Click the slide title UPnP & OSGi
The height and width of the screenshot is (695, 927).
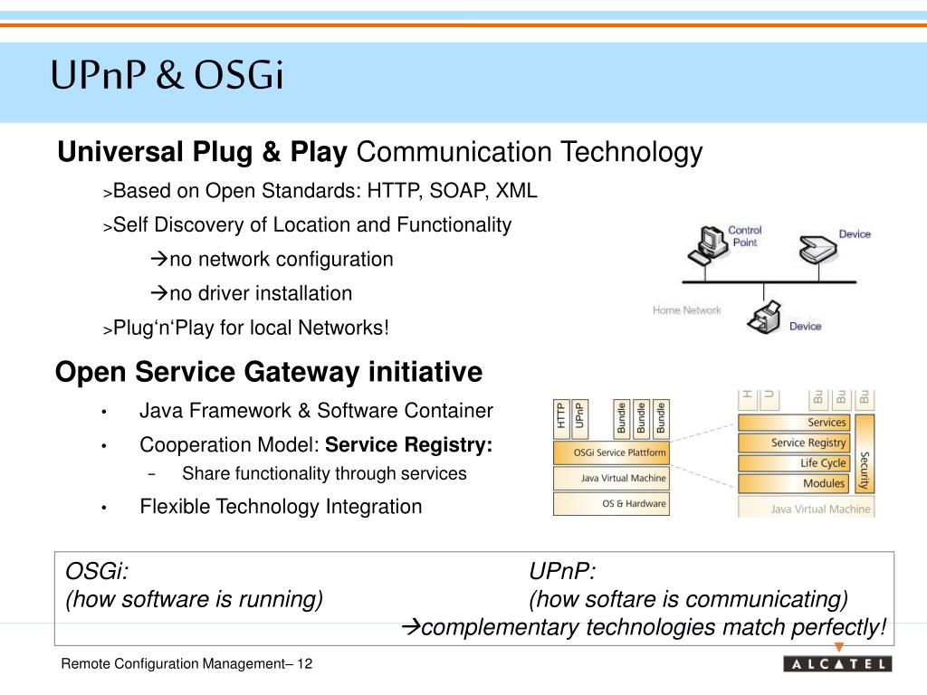(167, 77)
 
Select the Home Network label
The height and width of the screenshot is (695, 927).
(687, 310)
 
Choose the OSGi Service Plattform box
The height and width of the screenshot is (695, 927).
(612, 452)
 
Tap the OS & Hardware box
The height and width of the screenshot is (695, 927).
(612, 504)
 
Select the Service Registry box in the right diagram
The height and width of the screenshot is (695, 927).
(794, 443)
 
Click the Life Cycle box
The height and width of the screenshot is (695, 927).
(794, 463)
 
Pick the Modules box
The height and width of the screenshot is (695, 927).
(794, 484)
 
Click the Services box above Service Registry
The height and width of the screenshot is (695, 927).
(794, 423)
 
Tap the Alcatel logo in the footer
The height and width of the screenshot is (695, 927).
(837, 664)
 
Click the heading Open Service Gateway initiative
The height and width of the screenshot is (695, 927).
(270, 372)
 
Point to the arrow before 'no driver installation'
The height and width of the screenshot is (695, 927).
(158, 293)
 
